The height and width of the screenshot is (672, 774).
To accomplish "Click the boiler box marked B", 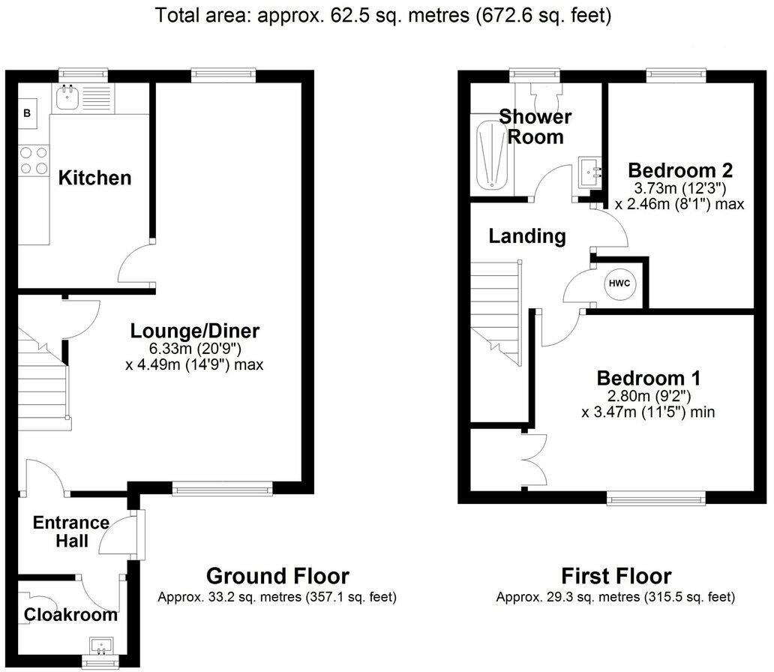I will click(x=28, y=113).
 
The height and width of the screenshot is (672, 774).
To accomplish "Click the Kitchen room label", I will click(x=95, y=178).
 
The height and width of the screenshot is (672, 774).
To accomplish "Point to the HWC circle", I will click(x=618, y=283).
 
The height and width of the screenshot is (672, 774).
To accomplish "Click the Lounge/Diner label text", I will click(x=195, y=330).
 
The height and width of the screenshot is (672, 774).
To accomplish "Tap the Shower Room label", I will click(x=535, y=126).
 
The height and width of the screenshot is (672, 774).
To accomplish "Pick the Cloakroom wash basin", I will click(x=100, y=645).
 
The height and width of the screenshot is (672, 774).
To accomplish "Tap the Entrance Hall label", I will click(x=71, y=531).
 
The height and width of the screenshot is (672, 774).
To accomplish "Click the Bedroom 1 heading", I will click(x=649, y=376).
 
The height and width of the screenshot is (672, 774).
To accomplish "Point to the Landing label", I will click(x=527, y=236).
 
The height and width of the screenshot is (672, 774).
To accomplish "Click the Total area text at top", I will click(x=382, y=15).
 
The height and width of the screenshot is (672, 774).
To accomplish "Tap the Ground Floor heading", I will click(x=277, y=576).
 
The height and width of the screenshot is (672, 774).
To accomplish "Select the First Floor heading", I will click(x=616, y=576).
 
